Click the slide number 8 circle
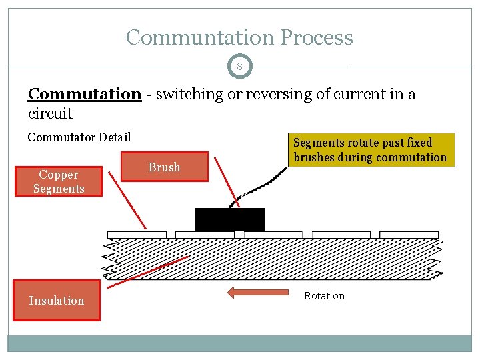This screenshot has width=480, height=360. click(x=239, y=67)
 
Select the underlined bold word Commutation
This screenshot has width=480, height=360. click(x=84, y=94)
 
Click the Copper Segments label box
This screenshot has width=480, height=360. click(x=59, y=181)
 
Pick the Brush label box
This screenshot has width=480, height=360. click(x=164, y=167)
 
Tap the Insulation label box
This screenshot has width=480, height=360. click(x=57, y=301)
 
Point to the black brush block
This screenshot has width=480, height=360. click(x=229, y=219)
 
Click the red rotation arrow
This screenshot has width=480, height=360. click(x=257, y=292)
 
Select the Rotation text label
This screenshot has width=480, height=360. click(x=324, y=296)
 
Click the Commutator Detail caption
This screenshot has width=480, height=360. click(x=79, y=137)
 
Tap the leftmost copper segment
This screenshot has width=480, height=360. click(x=137, y=235)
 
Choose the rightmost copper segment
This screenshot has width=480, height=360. click(x=409, y=235)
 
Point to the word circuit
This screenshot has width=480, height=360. click(x=50, y=113)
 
